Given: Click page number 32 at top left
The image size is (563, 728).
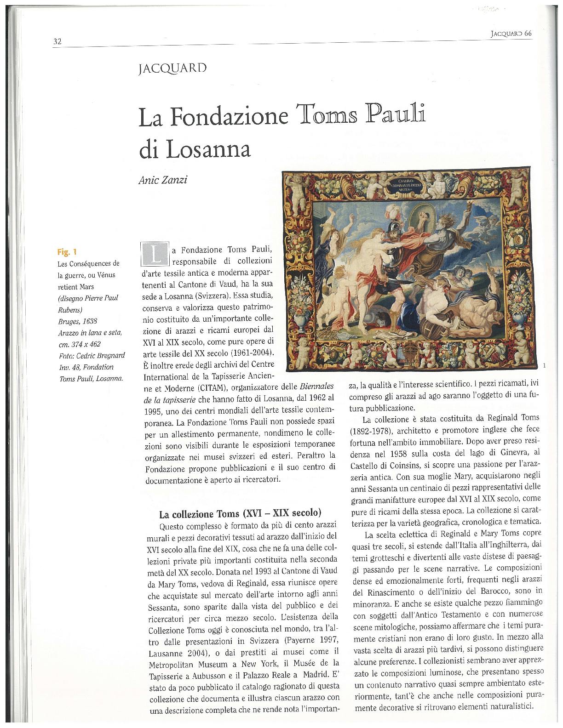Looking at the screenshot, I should click(57, 42).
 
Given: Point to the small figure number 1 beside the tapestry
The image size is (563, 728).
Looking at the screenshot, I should click(545, 366).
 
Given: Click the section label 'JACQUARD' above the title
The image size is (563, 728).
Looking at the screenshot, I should click(172, 69).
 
